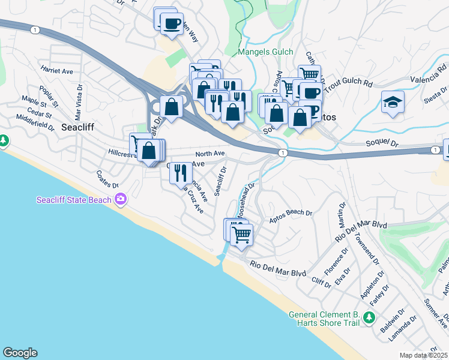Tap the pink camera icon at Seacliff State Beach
point(121,199)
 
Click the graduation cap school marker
point(393,102)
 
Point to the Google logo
point(20,353)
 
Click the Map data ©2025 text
point(423,355)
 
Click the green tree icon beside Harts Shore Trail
point(372,317)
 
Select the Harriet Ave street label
point(57,71)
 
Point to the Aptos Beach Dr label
point(291,216)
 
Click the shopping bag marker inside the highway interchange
point(172,107)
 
